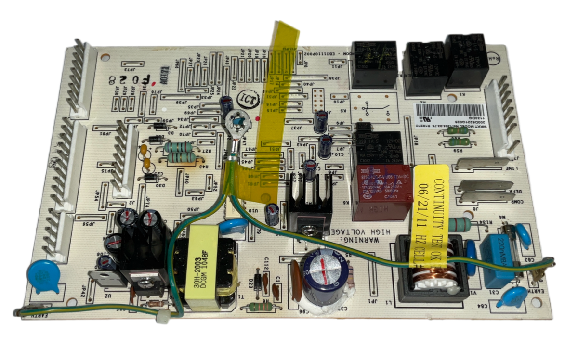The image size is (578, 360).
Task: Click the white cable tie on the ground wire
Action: [x=164, y=318]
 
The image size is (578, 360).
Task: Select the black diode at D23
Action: [x=258, y=284]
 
